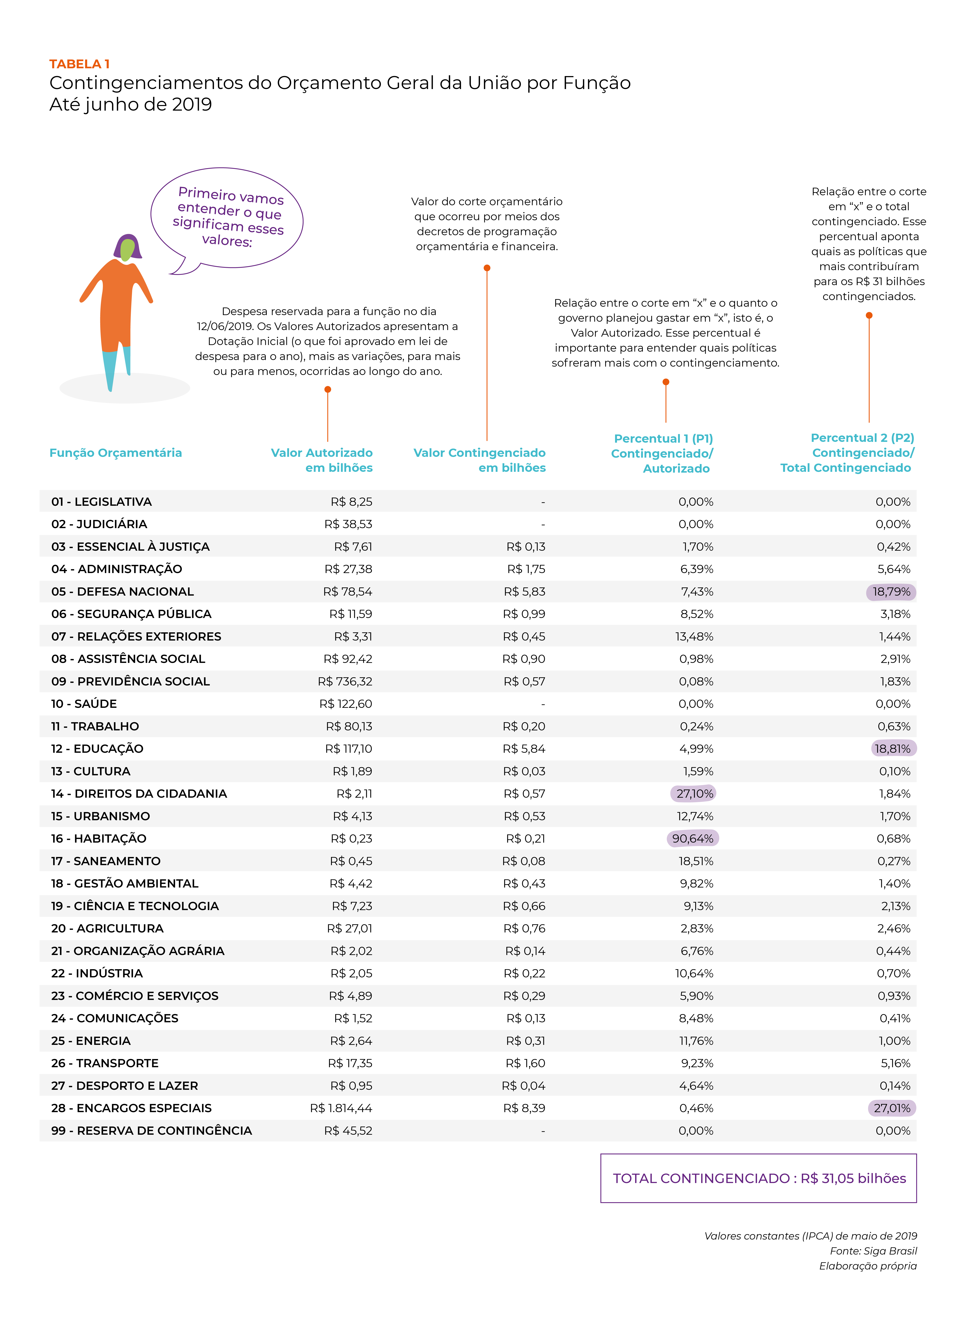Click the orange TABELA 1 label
(x=79, y=64)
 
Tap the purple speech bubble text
(x=228, y=217)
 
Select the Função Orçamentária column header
(x=116, y=453)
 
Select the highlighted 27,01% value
(x=891, y=1108)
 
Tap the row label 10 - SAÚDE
(x=84, y=704)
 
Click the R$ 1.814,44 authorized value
(x=341, y=1108)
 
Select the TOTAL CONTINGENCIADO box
(x=758, y=1178)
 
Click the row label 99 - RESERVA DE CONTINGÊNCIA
(x=152, y=1131)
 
